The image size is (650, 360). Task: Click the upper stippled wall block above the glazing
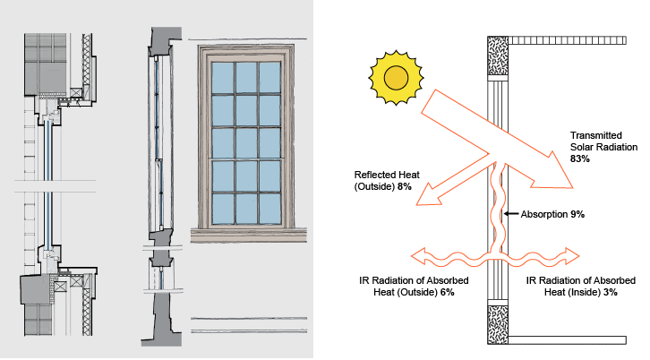click(496, 57)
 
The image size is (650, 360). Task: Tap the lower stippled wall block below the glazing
click(496, 324)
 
